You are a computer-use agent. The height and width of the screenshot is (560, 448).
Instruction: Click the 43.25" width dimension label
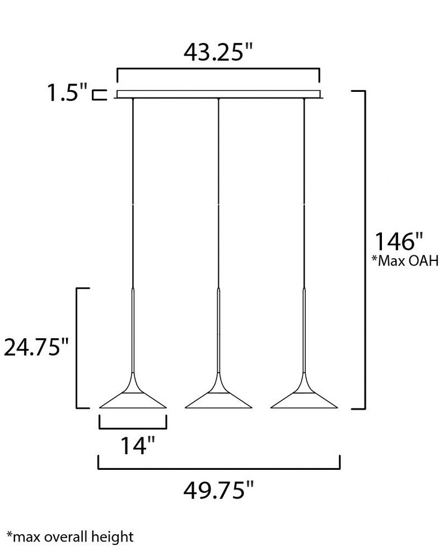pos(218,52)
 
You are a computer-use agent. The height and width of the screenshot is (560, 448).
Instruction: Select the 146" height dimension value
pos(399,242)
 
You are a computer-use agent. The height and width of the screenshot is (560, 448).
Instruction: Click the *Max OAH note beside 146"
pos(405,261)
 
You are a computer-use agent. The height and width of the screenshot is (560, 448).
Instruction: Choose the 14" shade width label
pos(138,445)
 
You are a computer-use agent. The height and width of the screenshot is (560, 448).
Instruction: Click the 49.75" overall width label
pos(218,490)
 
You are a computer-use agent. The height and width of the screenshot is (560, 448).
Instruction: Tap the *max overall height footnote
pos(70,537)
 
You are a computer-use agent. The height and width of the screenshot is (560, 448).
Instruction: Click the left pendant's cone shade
pos(133,397)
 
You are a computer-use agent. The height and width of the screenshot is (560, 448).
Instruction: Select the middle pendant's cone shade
pos(218,397)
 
